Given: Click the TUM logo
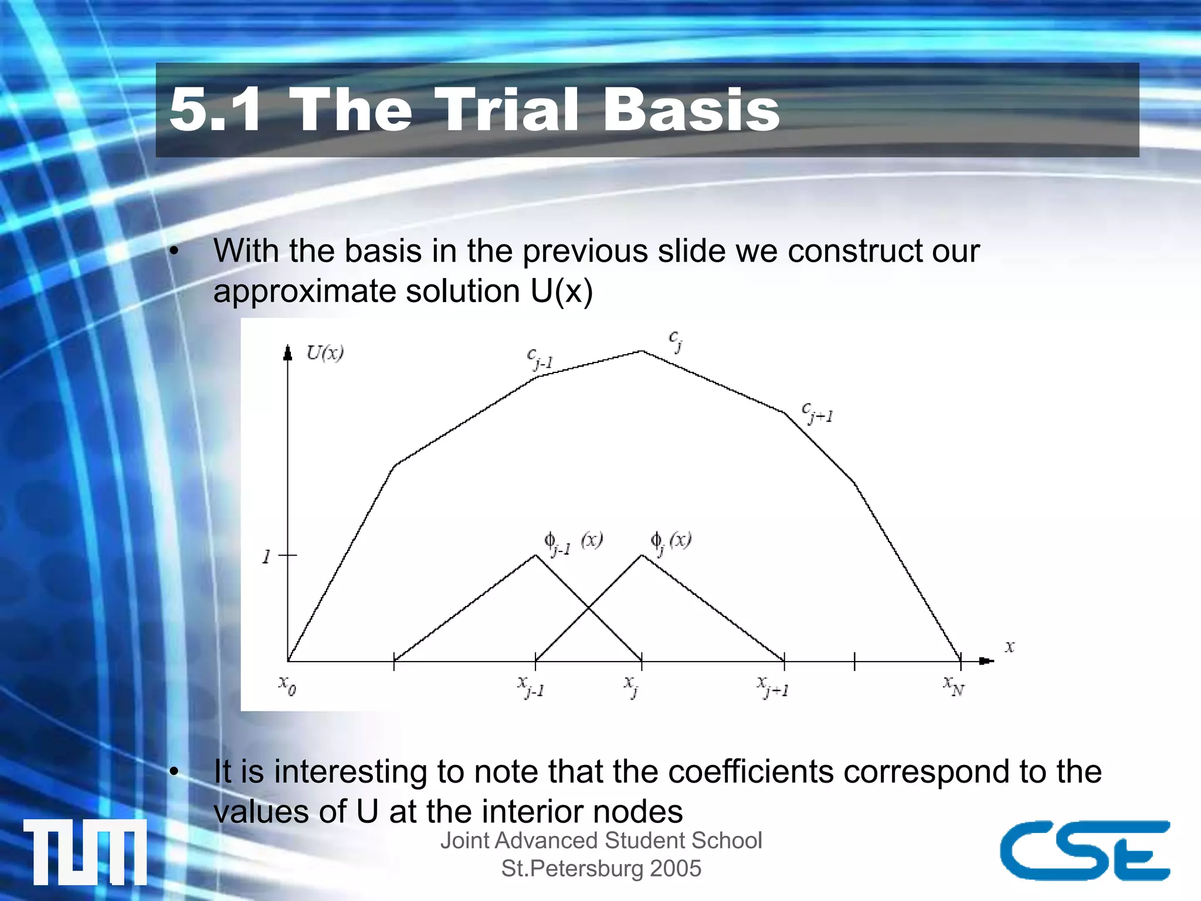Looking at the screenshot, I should pyautogui.click(x=85, y=852).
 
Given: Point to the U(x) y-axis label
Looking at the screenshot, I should pyautogui.click(x=325, y=353).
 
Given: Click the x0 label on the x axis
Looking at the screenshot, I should pyautogui.click(x=287, y=685).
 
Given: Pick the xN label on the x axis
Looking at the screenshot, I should pyautogui.click(x=954, y=685).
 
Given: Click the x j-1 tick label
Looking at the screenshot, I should pyautogui.click(x=531, y=686).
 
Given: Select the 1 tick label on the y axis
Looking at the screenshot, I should pyautogui.click(x=266, y=556).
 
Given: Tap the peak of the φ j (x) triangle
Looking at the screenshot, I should pyautogui.click(x=642, y=555).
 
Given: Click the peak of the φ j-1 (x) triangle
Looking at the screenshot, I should pyautogui.click(x=535, y=555).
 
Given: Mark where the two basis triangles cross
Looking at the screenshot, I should pyautogui.click(x=588, y=608).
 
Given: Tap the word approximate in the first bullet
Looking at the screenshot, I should pyautogui.click(x=305, y=292).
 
